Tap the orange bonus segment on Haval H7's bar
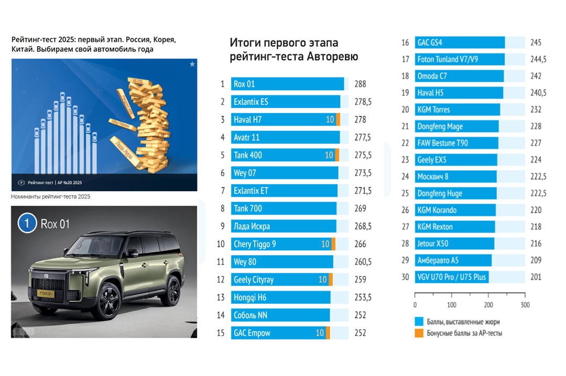338,119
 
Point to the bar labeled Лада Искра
284,226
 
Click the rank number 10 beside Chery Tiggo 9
221,244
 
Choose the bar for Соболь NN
280,315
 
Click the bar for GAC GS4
460,42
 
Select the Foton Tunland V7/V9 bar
460,59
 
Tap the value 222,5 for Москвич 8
538,176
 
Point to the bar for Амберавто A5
453,260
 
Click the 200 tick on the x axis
488,305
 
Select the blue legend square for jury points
418,322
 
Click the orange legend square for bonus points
418,333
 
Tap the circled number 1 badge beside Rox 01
27,224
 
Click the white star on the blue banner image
192,64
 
